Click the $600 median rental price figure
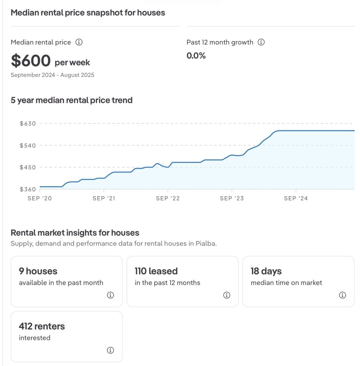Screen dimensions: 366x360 31,61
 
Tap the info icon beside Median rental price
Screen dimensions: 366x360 79,42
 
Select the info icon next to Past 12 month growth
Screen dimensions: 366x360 261,42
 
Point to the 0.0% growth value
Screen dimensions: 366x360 196,56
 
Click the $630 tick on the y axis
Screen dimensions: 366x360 28,124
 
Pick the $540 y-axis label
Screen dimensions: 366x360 28,145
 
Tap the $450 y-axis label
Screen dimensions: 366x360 28,167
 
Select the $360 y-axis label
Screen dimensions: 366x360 28,189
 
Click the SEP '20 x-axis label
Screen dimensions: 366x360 40,198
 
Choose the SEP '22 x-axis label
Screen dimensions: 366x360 168,198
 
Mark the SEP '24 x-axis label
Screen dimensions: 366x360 296,198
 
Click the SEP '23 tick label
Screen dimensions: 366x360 232,198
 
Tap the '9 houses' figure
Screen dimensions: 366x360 38,271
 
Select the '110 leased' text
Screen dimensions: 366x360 156,271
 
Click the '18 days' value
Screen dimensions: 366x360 266,271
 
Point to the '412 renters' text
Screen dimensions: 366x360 42,326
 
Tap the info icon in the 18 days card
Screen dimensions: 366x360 342,295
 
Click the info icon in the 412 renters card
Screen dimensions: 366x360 111,350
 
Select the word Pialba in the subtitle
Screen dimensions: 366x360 206,244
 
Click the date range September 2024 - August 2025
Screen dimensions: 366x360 53,75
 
